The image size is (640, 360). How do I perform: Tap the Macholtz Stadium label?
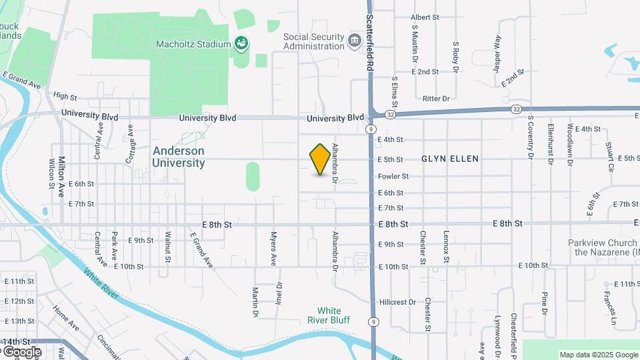pyautogui.click(x=193, y=45)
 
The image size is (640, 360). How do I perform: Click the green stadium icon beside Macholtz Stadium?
pyautogui.click(x=242, y=44)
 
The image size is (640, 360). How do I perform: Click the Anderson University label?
pyautogui.click(x=179, y=157)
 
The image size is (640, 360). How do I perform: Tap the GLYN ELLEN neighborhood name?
pyautogui.click(x=450, y=159)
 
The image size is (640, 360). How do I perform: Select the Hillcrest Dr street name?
pyautogui.click(x=397, y=302)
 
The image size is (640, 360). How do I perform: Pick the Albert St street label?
pyautogui.click(x=425, y=17)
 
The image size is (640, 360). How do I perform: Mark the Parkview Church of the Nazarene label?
pyautogui.click(x=603, y=247)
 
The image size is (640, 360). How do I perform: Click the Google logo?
pyautogui.click(x=21, y=351)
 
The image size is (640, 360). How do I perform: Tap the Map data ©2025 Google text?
pyautogui.click(x=599, y=355)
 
